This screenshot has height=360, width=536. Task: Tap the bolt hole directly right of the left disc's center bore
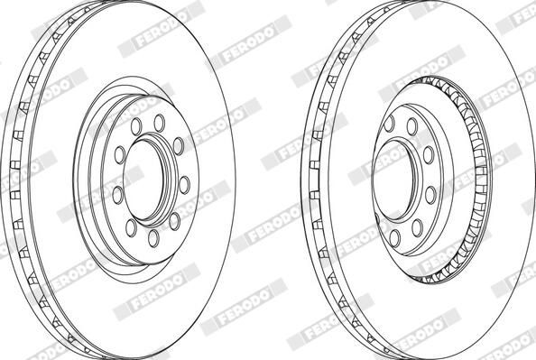[x=184, y=184]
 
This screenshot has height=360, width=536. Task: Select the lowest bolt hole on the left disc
[x=152, y=237]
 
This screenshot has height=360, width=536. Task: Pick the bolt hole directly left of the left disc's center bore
[x=117, y=192]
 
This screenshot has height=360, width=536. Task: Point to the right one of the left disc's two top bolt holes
[x=160, y=121]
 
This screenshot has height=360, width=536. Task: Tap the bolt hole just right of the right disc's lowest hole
[x=418, y=226]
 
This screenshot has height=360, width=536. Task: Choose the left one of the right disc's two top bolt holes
[x=390, y=124]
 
